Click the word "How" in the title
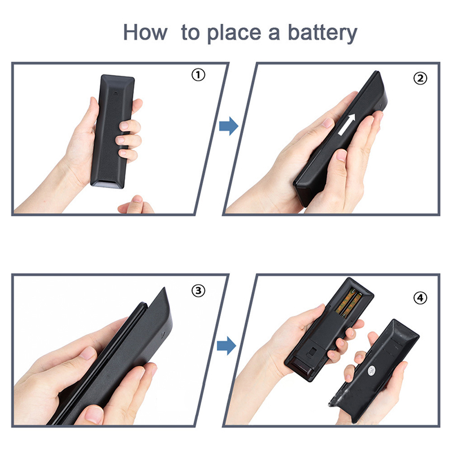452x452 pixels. pyautogui.click(x=145, y=32)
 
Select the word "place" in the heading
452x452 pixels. pyautogui.click(x=234, y=33)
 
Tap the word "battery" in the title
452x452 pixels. pyautogui.click(x=323, y=33)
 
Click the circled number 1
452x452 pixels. pyautogui.click(x=198, y=75)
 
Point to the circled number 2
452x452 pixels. pyautogui.click(x=420, y=78)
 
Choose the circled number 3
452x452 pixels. pyautogui.click(x=198, y=290)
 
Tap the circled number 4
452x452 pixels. pyautogui.click(x=420, y=298)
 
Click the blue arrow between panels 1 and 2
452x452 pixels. pyautogui.click(x=229, y=126)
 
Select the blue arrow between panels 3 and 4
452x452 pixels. pyautogui.click(x=227, y=345)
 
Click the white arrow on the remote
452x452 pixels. pyautogui.click(x=347, y=124)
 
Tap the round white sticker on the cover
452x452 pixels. pyautogui.click(x=371, y=370)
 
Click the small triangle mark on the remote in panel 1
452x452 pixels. pyautogui.click(x=116, y=93)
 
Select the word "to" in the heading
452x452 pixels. pyautogui.click(x=190, y=33)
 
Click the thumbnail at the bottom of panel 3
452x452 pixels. pyautogui.click(x=93, y=415)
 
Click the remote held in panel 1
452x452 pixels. pyautogui.click(x=112, y=132)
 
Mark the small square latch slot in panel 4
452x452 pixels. pyautogui.click(x=312, y=352)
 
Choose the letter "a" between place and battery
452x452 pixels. pyautogui.click(x=274, y=34)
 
